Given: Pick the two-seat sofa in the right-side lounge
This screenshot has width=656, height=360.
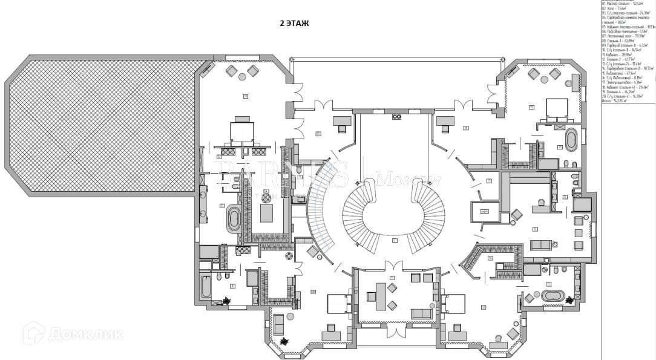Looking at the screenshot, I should [542, 244].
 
